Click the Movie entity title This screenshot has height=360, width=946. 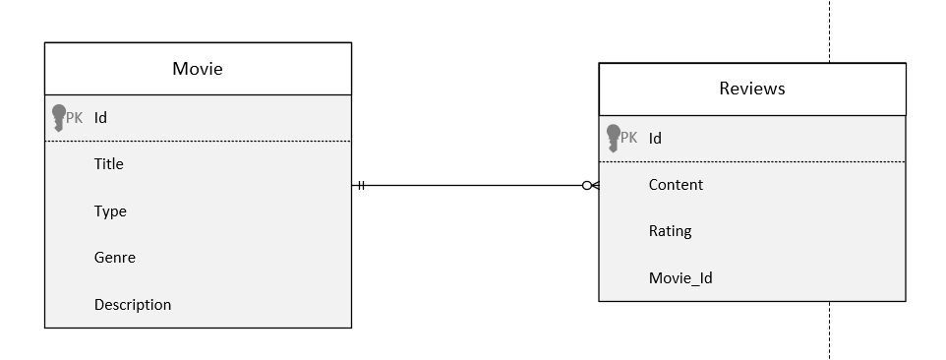pyautogui.click(x=198, y=69)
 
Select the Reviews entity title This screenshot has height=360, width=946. pyautogui.click(x=752, y=89)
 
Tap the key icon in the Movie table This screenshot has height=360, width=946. pyautogui.click(x=58, y=118)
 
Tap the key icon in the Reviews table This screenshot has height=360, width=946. pyautogui.click(x=614, y=138)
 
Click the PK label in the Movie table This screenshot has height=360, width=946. pyautogui.click(x=75, y=118)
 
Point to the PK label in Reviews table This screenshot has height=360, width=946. pyautogui.click(x=629, y=138)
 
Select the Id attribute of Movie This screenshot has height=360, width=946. pyautogui.click(x=100, y=118)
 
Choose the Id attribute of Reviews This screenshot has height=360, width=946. pyautogui.click(x=655, y=138)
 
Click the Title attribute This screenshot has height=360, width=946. pyautogui.click(x=108, y=164)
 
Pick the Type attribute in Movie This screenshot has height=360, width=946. pyautogui.click(x=110, y=211)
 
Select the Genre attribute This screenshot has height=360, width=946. pyautogui.click(x=115, y=258)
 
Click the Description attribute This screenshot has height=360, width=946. pyautogui.click(x=133, y=305)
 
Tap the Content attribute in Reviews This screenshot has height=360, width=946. pyautogui.click(x=676, y=185)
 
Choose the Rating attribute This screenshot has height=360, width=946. pyautogui.click(x=670, y=231)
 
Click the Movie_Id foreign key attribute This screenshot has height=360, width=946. pyautogui.click(x=680, y=278)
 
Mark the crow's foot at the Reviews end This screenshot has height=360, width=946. pyautogui.click(x=595, y=185)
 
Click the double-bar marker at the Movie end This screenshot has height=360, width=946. pyautogui.click(x=361, y=185)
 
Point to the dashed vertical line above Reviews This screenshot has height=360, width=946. pyautogui.click(x=829, y=30)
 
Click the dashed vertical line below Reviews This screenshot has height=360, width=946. pyautogui.click(x=829, y=330)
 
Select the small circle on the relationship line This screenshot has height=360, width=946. pyautogui.click(x=586, y=185)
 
